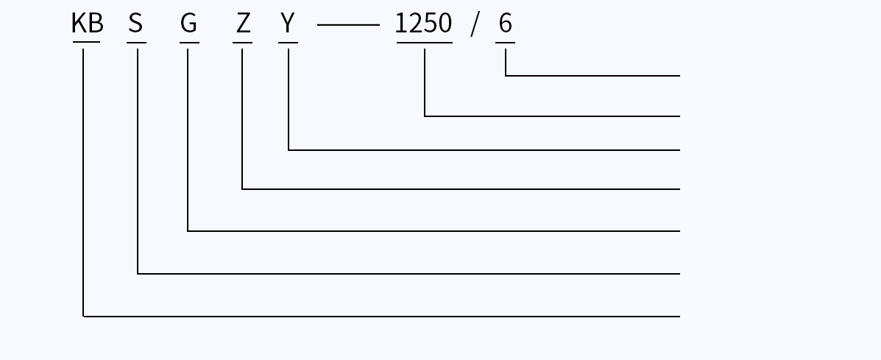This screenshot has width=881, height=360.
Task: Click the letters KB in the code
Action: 88,23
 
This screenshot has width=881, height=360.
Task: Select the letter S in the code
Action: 135,23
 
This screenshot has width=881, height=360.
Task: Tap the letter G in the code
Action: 188,23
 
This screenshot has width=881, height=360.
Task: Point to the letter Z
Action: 243,23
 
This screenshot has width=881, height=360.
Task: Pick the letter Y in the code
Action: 287,23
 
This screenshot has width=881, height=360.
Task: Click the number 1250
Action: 424,23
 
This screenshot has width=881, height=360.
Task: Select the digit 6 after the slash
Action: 505,23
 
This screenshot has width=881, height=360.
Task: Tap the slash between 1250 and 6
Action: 475,25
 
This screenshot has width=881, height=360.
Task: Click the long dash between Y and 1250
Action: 348,25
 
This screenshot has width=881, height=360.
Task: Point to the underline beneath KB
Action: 87,42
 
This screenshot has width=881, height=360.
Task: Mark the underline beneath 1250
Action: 424,42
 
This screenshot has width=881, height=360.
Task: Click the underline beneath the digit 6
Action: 505,42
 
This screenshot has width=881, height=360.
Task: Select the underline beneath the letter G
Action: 189,42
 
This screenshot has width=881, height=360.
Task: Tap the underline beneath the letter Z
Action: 242,42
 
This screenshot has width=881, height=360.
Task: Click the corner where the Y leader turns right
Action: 289,150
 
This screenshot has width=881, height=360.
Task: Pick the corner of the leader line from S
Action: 138,274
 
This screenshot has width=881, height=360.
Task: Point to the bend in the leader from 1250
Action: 425,116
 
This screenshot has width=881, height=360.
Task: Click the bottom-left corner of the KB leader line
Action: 83,317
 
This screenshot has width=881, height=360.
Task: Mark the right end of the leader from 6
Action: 680,76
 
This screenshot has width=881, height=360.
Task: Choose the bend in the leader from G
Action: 188,231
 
